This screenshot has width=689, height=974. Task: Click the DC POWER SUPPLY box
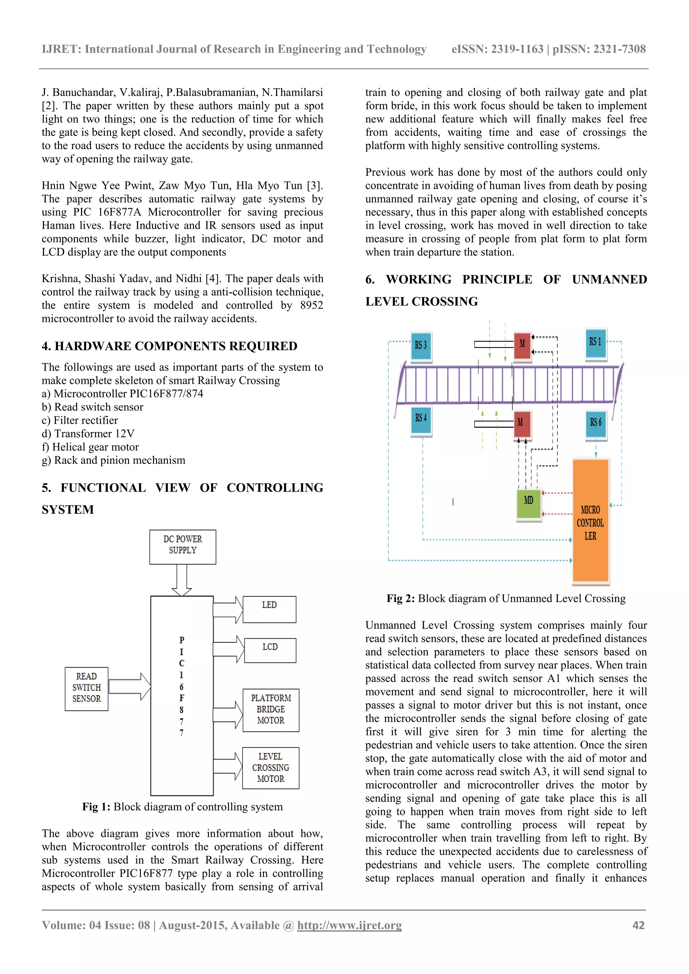tap(182, 547)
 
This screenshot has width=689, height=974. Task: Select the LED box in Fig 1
tap(269, 609)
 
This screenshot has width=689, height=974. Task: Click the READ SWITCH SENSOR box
tap(86, 688)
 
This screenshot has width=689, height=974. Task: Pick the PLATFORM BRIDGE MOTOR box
tap(271, 710)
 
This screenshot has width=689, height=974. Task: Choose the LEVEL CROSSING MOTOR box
tap(271, 768)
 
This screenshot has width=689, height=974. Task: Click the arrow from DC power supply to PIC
tap(182, 580)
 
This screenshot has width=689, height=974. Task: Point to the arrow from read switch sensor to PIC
tap(130, 686)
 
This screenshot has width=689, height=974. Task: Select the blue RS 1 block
tap(595, 343)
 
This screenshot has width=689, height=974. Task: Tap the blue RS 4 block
tap(421, 420)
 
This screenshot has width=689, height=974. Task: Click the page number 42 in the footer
tap(638, 925)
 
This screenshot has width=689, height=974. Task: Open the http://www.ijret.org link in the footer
tap(349, 925)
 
